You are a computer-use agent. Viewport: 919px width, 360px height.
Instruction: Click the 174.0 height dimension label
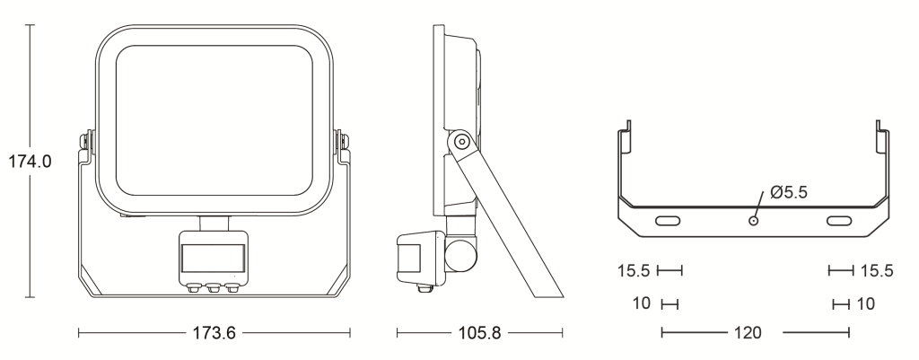coord(30,162)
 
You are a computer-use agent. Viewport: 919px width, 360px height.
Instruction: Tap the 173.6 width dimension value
coord(214,333)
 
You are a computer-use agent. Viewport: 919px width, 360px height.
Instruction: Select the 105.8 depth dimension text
coord(479,333)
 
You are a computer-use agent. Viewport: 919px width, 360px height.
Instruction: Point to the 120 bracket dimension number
coord(748,333)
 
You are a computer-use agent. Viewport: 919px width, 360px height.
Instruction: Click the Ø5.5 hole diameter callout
coord(789,192)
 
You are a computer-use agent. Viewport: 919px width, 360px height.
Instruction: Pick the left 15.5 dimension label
coord(634,270)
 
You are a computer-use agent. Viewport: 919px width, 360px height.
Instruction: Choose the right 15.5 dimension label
coord(877,270)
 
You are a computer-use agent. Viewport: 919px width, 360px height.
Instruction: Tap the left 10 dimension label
coord(642,303)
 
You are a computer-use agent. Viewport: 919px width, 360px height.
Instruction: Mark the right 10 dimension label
coord(866,303)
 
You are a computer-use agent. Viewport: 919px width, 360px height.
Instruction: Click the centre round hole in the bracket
coord(753,221)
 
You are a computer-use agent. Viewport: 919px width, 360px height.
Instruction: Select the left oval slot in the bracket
coord(668,221)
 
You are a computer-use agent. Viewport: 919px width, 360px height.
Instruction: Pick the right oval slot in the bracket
coord(839,221)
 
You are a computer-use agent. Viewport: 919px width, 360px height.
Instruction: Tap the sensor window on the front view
coord(213,259)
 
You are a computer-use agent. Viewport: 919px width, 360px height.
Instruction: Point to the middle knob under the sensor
coord(214,288)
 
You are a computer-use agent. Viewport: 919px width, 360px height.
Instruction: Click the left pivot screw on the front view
coord(85,141)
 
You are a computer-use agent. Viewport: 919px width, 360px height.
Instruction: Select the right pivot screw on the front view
coord(342,141)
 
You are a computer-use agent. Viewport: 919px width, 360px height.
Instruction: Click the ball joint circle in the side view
coord(460,255)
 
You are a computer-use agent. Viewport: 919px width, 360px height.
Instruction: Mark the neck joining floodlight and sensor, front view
coord(214,223)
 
